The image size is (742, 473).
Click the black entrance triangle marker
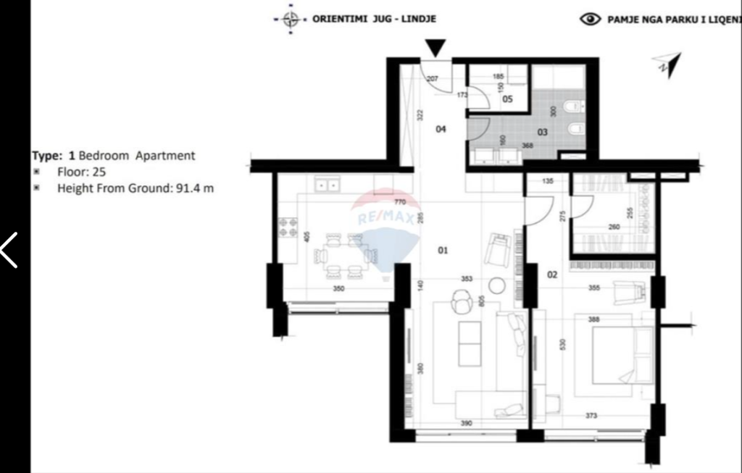(x=435, y=48)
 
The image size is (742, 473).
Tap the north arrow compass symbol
(x=668, y=64)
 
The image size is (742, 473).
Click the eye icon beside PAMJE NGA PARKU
(x=591, y=20)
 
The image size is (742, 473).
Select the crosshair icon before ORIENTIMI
(x=291, y=20)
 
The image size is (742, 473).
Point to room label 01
(x=443, y=251)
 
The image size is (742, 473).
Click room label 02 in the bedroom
(x=552, y=275)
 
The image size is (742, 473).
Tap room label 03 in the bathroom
(x=542, y=132)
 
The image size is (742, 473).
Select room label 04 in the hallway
(x=441, y=129)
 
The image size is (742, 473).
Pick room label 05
(x=507, y=99)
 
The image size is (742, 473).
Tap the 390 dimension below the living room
(x=467, y=422)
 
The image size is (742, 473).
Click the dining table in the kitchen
(x=344, y=256)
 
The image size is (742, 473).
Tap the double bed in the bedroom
(x=622, y=355)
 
